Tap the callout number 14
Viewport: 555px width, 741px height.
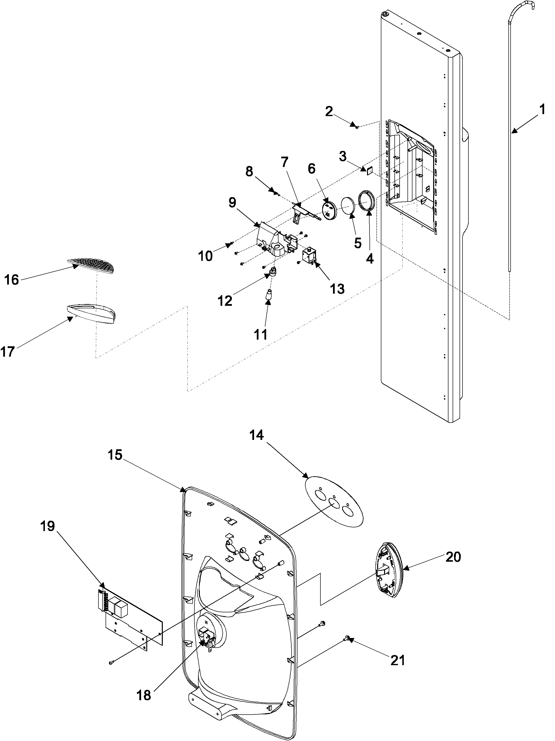(256, 435)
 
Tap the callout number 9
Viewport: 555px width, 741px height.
(232, 202)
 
